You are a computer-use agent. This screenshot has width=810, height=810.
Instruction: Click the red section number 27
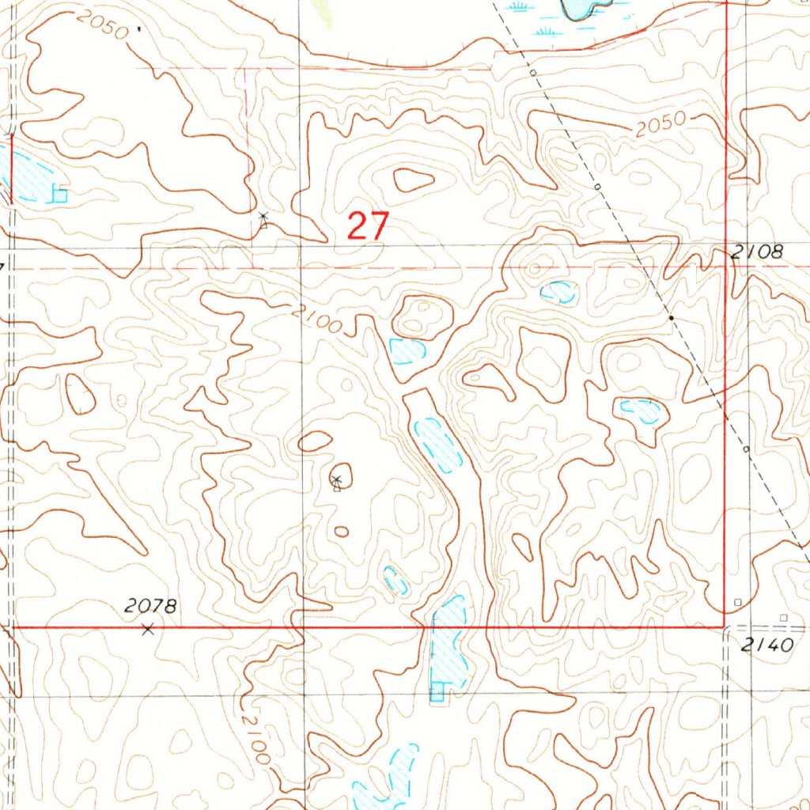(x=368, y=227)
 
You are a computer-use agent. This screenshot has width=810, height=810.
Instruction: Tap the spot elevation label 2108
(x=757, y=252)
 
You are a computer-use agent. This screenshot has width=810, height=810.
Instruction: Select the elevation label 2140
(x=767, y=645)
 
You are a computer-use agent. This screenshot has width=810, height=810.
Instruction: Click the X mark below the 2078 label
(x=147, y=630)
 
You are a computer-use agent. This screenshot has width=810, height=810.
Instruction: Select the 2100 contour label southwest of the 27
(x=316, y=319)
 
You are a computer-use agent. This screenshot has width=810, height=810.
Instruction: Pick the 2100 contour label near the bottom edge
(x=256, y=739)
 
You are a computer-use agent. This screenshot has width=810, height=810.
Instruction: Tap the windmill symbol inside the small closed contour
(x=336, y=481)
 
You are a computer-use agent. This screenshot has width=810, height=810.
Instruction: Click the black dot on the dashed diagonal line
(x=672, y=317)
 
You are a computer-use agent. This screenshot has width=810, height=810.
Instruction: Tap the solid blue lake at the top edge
(x=581, y=8)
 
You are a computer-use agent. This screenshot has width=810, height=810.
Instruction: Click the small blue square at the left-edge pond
(x=59, y=194)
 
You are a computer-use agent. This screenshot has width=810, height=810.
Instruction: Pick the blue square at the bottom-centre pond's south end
(x=436, y=695)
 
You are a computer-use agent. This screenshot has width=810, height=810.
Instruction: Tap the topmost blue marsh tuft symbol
(x=519, y=6)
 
